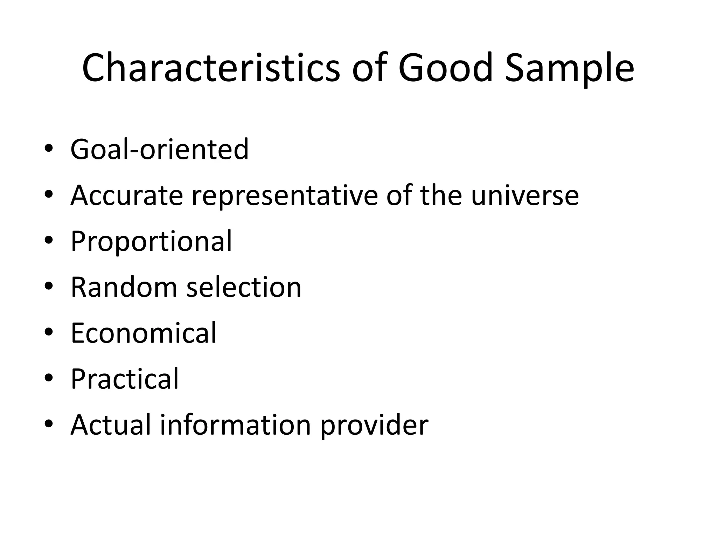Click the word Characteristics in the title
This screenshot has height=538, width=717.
211,68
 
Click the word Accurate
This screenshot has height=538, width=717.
127,195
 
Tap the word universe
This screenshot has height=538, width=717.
525,195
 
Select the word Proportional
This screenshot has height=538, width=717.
151,242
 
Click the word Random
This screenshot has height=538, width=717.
124,287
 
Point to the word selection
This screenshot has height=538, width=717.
244,287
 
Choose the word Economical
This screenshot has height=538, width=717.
144,333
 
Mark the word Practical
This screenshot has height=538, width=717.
125,379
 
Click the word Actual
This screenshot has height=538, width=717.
111,425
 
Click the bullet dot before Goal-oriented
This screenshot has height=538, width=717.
48,149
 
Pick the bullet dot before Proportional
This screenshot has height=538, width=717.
48,240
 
